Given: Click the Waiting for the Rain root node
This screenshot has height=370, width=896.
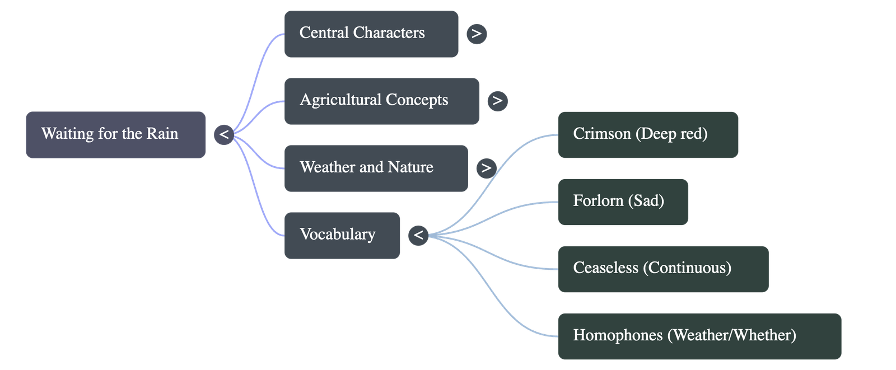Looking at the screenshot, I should pos(115,134).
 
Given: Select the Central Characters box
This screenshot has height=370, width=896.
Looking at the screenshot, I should pos(371,34).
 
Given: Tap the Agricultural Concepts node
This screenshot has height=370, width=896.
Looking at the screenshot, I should pos(381,101).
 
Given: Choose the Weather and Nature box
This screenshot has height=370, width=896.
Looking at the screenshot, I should pos(376,168).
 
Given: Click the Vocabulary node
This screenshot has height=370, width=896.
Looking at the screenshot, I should pos(342,235).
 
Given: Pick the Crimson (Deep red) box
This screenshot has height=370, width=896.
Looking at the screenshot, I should pos(647,134).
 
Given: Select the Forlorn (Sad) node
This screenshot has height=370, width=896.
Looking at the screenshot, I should pos(623,202).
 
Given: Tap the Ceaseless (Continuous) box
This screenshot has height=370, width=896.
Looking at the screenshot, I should pos(663,268).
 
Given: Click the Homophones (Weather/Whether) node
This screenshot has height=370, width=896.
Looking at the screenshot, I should pos(699,336).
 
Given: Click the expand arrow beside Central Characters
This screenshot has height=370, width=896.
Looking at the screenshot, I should pos(477,34).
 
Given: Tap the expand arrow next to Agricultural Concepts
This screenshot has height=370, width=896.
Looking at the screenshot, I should pos(497,101).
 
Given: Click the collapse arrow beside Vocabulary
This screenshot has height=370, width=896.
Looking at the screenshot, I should pos(418,235).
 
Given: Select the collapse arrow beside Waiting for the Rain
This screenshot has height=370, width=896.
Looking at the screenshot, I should pos(223,134).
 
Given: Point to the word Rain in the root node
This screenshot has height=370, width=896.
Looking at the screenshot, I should pos(162,134).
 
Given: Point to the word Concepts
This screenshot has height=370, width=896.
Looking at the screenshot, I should pos(417,100).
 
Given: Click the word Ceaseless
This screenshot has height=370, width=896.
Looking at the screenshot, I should pos(605,268).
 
